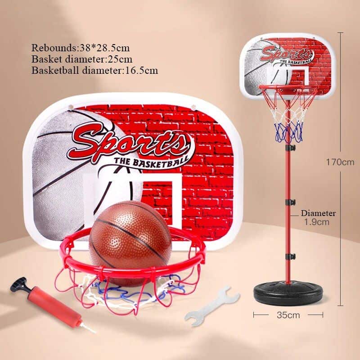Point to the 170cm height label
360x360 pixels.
pos(340,162)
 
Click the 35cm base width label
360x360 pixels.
pos(288,315)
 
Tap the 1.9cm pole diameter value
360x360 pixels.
pos(316,221)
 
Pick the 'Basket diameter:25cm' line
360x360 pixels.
pos(81,59)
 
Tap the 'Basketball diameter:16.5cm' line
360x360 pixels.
pos(94,70)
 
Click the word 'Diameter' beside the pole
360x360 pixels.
pos(318,213)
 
